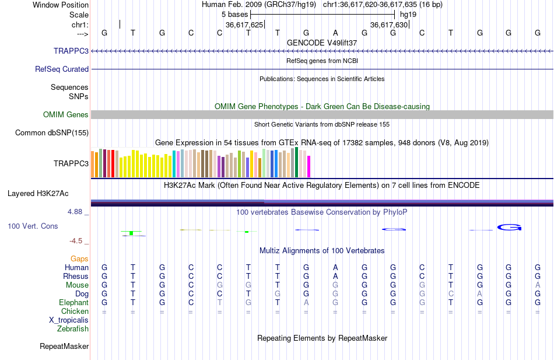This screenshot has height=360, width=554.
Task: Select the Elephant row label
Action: (73, 302)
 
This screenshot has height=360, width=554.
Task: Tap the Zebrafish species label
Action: (73, 328)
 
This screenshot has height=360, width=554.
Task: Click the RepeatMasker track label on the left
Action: (64, 347)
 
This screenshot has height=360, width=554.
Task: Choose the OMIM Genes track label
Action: (66, 115)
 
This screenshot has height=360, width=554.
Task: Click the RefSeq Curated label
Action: (62, 69)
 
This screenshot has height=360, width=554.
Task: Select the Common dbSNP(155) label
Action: (52, 133)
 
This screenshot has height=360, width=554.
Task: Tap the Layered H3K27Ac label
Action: (38, 193)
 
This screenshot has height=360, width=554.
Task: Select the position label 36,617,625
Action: (244, 25)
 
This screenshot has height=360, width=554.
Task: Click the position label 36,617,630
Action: (389, 25)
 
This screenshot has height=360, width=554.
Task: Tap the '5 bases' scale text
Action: (234, 13)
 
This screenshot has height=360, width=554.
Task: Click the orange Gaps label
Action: (79, 258)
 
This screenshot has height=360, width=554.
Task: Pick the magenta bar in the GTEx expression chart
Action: (308, 166)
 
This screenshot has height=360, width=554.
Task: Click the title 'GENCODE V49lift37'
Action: (322, 43)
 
